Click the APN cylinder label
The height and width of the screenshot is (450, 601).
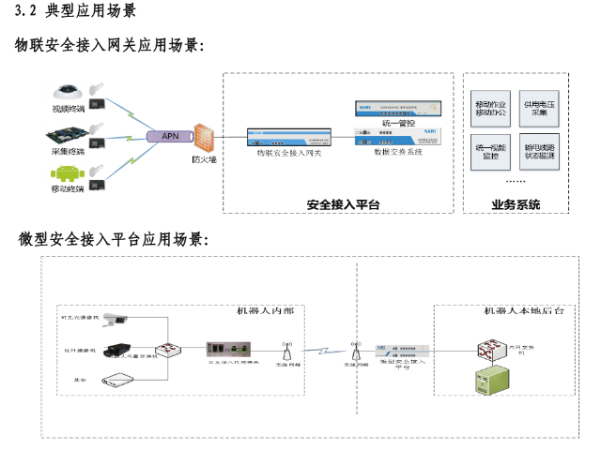[170, 136]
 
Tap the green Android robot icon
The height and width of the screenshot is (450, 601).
[67, 174]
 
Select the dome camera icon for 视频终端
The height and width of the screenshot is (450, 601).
[68, 94]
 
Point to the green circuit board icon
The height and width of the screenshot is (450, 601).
[68, 133]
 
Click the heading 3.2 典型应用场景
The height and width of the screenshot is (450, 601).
[77, 11]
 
